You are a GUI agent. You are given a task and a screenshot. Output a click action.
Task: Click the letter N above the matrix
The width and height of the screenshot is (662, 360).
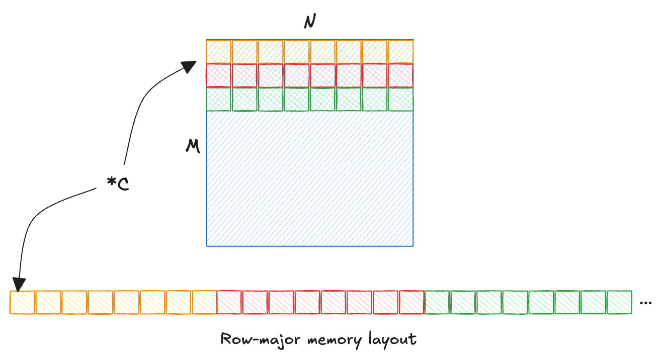pyautogui.click(x=310, y=23)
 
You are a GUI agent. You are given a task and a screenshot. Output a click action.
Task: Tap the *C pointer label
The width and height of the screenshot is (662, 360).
pyautogui.click(x=118, y=184)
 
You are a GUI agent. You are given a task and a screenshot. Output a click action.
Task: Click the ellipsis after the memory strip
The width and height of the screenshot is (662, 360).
pyautogui.click(x=645, y=303)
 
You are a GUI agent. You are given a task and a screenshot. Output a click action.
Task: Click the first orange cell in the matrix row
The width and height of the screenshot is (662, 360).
pyautogui.click(x=219, y=51)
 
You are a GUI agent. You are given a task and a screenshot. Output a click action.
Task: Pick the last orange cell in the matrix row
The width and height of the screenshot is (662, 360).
pyautogui.click(x=400, y=51)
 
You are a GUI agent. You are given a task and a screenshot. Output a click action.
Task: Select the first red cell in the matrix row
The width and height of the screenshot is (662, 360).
pyautogui.click(x=219, y=75)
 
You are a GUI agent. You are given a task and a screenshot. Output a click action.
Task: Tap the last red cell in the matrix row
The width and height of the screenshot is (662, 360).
pyautogui.click(x=400, y=75)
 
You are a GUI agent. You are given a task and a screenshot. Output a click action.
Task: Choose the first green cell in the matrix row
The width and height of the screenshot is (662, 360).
pyautogui.click(x=219, y=99)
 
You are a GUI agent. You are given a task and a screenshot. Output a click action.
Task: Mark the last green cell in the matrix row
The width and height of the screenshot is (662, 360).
pyautogui.click(x=400, y=99)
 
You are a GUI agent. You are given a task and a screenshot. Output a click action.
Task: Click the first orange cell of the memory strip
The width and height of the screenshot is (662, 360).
pyautogui.click(x=23, y=303)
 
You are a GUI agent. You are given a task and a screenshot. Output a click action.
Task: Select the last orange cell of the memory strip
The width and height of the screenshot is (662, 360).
pyautogui.click(x=204, y=303)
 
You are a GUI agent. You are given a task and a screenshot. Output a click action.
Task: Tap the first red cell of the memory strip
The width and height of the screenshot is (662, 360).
pyautogui.click(x=230, y=303)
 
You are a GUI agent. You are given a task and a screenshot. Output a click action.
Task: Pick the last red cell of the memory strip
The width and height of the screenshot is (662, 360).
pyautogui.click(x=411, y=303)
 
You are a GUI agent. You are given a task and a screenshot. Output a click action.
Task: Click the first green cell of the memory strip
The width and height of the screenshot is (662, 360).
pyautogui.click(x=437, y=303)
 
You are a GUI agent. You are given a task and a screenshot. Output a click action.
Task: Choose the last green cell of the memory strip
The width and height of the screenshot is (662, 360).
pyautogui.click(x=619, y=303)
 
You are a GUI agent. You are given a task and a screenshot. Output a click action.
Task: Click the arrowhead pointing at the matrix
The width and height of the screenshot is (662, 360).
pyautogui.click(x=190, y=66)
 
